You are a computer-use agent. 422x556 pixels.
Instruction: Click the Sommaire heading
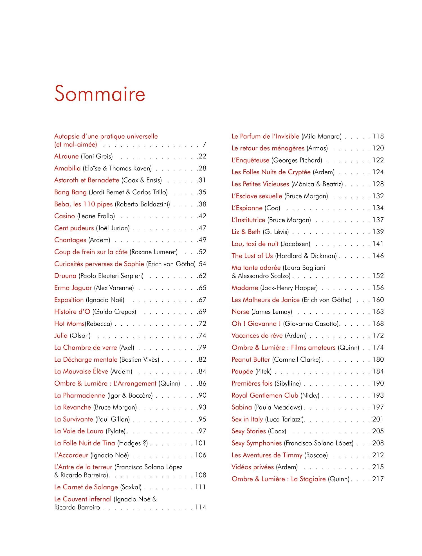[100, 94]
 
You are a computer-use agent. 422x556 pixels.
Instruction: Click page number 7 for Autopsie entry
[204, 145]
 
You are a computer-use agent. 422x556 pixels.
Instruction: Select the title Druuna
[65, 276]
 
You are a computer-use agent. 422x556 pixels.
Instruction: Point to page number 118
[378, 136]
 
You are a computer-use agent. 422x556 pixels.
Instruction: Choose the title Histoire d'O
[72, 312]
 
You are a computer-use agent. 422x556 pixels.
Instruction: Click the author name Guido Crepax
[114, 312]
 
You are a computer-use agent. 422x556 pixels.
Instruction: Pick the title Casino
[64, 216]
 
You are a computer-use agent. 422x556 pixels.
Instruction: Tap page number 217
[378, 479]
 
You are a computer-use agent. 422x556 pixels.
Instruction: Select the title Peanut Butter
[251, 359]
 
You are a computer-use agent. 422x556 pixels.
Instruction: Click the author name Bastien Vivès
[139, 360]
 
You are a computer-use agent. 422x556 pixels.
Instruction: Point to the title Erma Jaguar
[73, 288]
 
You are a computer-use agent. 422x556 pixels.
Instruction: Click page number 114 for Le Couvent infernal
[201, 507]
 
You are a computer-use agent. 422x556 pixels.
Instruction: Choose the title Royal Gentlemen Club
[265, 395]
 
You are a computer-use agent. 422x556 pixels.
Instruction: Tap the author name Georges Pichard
[297, 160]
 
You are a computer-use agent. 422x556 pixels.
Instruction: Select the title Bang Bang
[70, 192]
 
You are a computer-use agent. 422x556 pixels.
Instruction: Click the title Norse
[240, 312]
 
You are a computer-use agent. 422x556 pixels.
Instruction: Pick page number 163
[378, 312]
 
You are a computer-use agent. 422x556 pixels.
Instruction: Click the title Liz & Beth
[246, 232]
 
